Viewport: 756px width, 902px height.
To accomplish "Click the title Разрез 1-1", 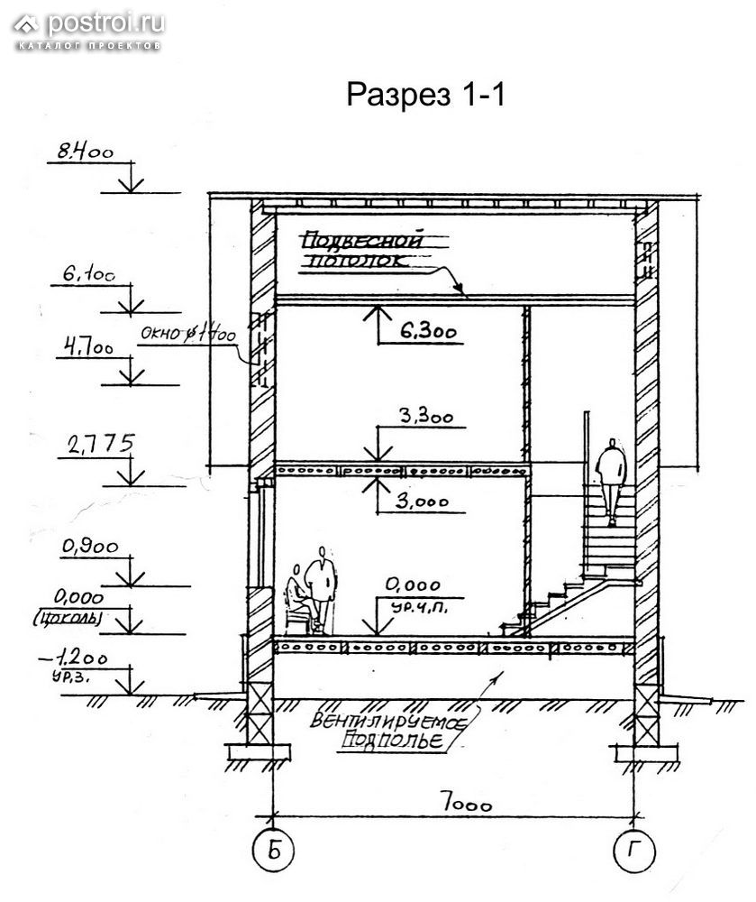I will click(x=425, y=96).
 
